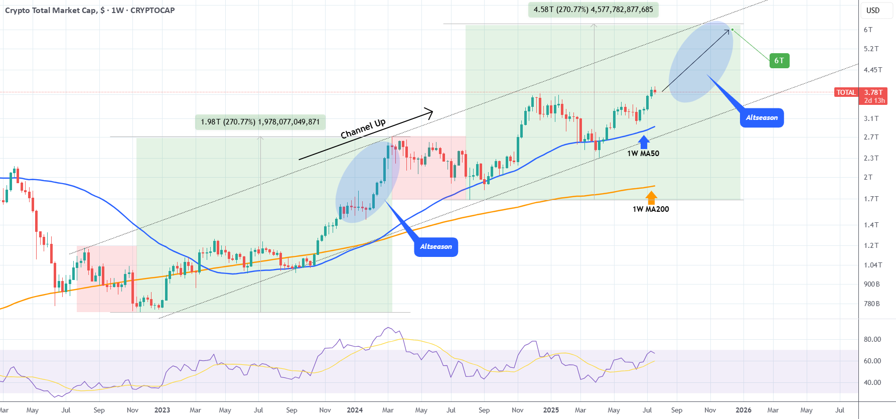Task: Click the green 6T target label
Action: (779, 61)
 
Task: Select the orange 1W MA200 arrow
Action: (651, 198)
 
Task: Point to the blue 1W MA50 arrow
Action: (644, 142)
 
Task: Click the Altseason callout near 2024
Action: (436, 247)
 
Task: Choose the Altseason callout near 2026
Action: (762, 118)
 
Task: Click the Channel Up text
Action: (363, 129)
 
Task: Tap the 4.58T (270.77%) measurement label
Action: (593, 10)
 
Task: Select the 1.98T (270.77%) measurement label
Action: (260, 122)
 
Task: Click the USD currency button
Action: (873, 10)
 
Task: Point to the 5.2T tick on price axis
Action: (871, 49)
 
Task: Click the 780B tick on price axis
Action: (872, 304)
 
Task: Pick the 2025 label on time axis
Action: (551, 410)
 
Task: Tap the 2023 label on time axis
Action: (162, 410)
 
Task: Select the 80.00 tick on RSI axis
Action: (872, 339)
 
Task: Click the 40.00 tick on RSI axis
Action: (872, 382)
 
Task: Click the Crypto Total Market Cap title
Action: (51, 10)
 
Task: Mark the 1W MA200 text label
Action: (651, 209)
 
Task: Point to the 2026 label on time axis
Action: (743, 410)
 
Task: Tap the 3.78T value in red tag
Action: (873, 92)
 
